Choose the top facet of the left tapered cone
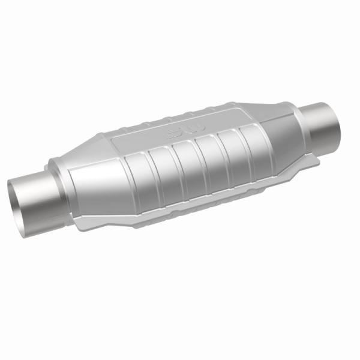(90, 156)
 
